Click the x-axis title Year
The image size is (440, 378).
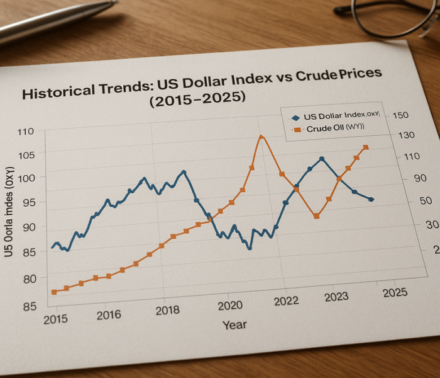(234, 324)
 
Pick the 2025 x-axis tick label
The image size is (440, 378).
(393, 292)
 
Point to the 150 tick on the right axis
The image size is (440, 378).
(400, 115)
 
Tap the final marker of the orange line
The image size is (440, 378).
(366, 147)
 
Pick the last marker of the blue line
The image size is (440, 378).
(371, 199)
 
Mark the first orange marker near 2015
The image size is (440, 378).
(55, 292)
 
